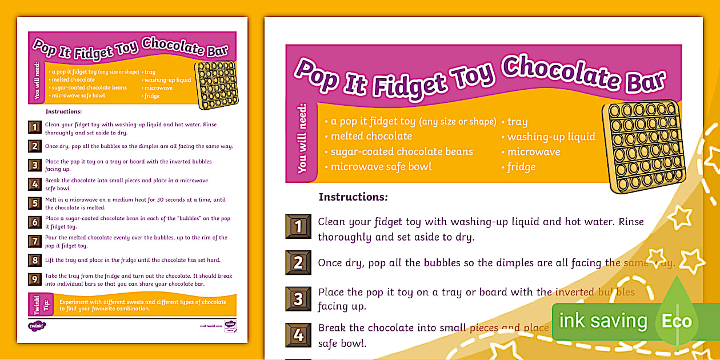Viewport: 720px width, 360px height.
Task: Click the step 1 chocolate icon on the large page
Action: [298, 227]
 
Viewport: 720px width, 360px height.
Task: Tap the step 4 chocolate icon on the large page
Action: [298, 335]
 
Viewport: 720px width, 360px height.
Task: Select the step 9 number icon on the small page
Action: [35, 279]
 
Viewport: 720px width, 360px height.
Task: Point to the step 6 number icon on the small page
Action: [35, 222]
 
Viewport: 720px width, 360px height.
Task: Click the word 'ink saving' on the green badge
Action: [603, 321]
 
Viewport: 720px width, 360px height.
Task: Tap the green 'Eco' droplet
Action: [677, 320]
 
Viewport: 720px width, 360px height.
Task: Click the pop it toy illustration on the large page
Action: [643, 146]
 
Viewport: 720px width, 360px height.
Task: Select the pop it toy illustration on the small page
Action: [216, 85]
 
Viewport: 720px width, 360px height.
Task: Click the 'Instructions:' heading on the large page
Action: [353, 197]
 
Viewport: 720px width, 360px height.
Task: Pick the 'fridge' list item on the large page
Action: [521, 167]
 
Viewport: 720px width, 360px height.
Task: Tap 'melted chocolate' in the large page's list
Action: [371, 136]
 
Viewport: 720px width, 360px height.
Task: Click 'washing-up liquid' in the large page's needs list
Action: [551, 137]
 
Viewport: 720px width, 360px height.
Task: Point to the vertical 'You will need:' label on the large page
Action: [302, 138]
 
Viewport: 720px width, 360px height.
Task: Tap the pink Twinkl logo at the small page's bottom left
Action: [37, 326]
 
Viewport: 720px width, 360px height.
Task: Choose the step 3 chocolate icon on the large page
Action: [298, 299]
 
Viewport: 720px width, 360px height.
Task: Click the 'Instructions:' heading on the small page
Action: [63, 111]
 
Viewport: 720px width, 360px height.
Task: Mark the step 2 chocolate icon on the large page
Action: [298, 263]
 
